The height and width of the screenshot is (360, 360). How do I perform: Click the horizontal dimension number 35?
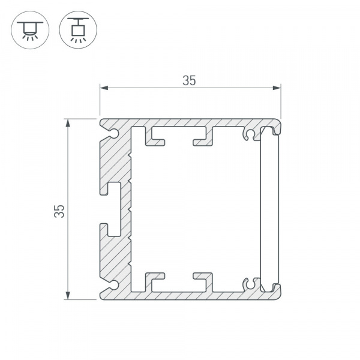189,80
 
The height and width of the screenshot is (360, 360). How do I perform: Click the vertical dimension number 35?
59,211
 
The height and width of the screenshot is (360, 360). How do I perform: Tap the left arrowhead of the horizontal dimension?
104,88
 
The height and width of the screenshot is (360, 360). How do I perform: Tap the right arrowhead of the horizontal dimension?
277,88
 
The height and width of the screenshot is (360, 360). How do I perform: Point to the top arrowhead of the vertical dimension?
68,123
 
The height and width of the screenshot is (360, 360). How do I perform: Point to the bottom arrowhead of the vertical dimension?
68,295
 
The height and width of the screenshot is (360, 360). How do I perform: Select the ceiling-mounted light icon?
30,30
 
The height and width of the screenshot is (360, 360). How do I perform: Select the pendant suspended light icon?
78,30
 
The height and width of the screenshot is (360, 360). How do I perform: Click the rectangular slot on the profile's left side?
114,209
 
